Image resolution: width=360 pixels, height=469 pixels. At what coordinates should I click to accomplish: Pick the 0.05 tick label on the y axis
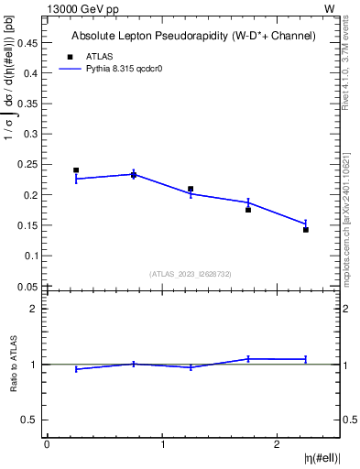pos(28,286)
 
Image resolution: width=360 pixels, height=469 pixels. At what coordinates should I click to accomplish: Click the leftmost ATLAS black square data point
pos(76,170)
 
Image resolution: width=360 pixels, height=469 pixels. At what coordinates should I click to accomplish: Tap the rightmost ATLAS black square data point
pos(306,230)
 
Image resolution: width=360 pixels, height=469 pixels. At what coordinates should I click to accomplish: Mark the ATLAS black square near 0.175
pos(248,210)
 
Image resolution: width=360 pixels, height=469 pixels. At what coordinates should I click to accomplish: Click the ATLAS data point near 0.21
pos(191,189)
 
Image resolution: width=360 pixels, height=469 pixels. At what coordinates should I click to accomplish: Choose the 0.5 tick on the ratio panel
pos(29,420)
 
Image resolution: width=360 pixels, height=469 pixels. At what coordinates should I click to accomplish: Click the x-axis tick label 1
pos(162,444)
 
